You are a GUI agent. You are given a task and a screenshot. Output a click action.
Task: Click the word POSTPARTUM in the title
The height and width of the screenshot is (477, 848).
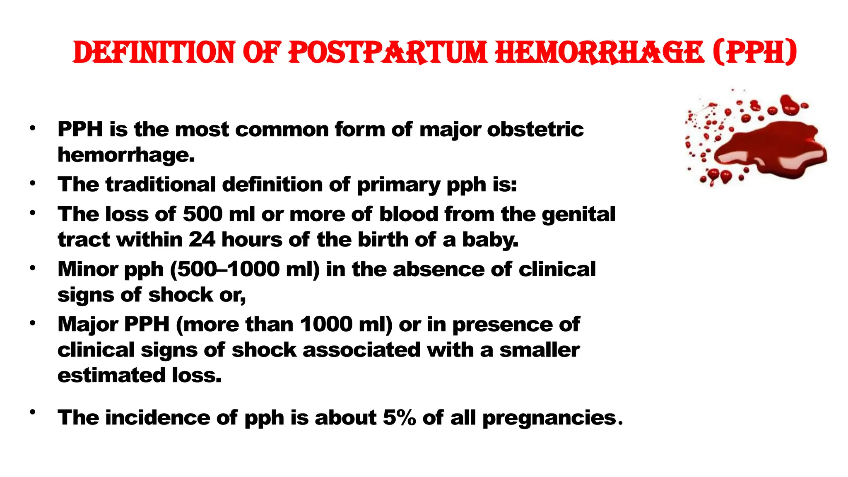pyautogui.click(x=388, y=53)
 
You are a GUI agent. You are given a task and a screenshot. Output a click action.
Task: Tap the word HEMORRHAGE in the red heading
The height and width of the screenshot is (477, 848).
pyautogui.click(x=599, y=53)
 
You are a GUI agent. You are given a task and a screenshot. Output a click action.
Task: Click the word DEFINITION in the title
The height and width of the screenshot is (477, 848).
pyautogui.click(x=154, y=53)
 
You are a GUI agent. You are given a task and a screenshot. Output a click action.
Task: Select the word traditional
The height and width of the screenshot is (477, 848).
pyautogui.click(x=161, y=184)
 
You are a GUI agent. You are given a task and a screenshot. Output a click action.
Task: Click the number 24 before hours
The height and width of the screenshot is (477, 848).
pyautogui.click(x=202, y=240)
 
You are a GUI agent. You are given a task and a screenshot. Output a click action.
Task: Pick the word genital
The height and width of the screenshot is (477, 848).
pyautogui.click(x=578, y=214)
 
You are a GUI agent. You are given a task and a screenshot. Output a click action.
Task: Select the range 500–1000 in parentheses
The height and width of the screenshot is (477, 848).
pyautogui.click(x=245, y=269)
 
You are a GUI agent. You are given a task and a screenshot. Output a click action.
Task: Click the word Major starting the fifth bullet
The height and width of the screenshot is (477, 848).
pyautogui.click(x=88, y=324)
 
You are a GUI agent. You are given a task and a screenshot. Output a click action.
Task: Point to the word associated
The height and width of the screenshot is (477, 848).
pyautogui.click(x=361, y=350)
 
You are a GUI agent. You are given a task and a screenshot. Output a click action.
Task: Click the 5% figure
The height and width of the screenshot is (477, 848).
pyautogui.click(x=399, y=417)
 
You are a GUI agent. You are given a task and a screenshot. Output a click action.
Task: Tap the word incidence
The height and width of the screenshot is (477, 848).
pyautogui.click(x=158, y=417)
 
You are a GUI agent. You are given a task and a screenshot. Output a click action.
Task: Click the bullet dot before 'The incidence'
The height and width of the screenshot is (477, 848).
pyautogui.click(x=32, y=412)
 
